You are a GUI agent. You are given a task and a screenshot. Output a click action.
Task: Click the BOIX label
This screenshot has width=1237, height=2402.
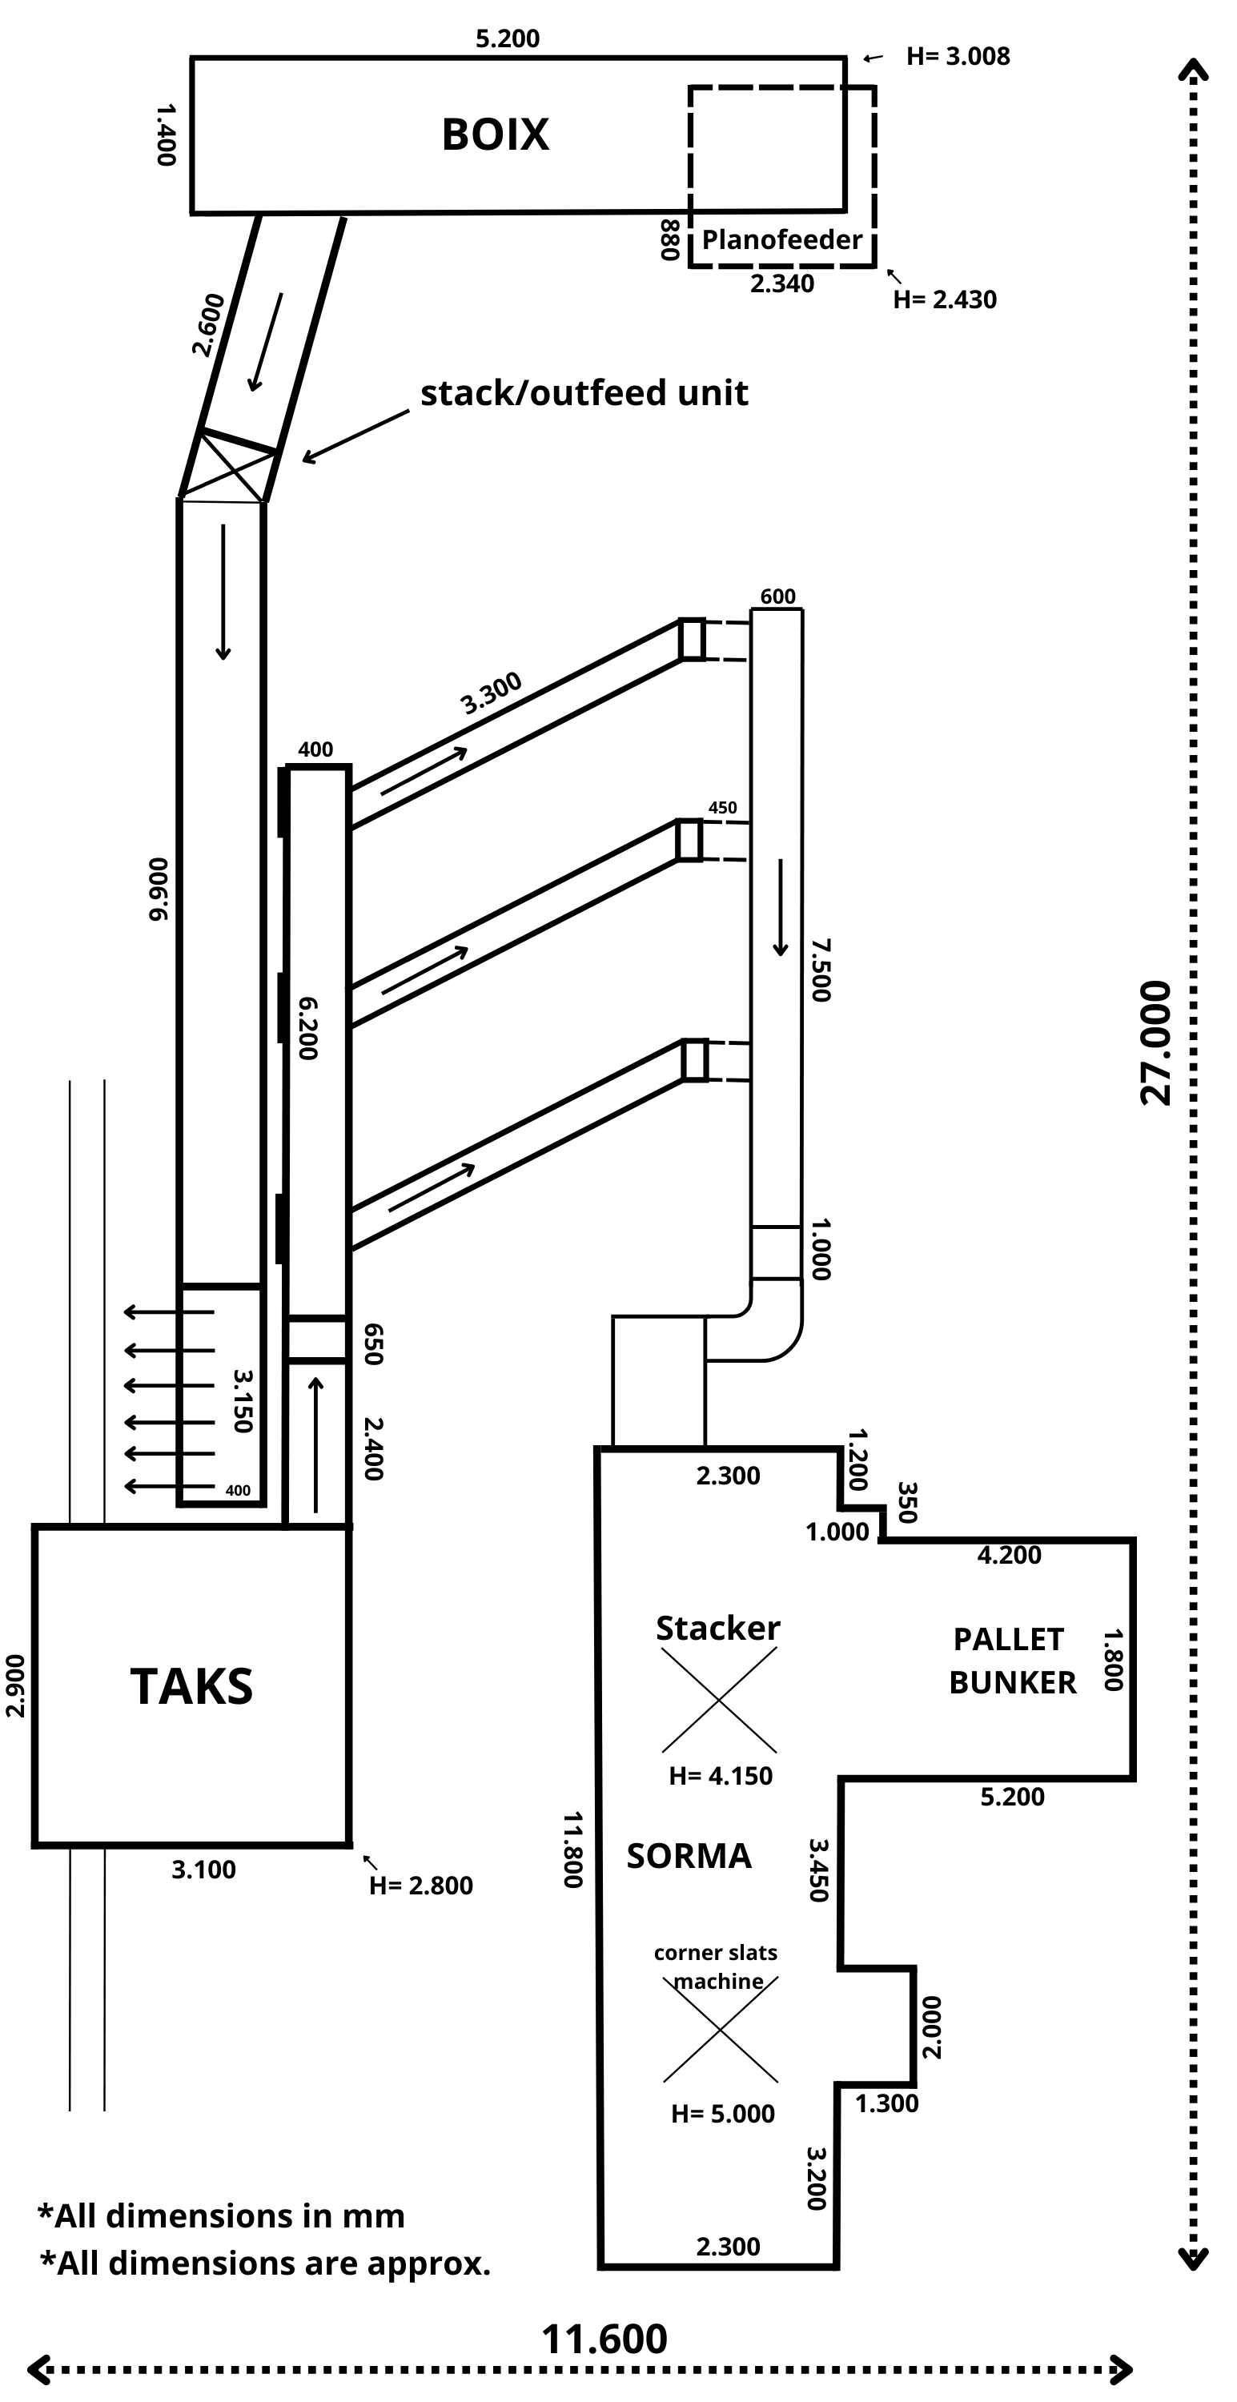click(x=495, y=135)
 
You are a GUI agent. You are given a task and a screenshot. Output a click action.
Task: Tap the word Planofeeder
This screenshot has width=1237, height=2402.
click(x=781, y=239)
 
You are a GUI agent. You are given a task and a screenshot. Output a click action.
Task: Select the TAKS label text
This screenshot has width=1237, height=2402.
click(x=191, y=1686)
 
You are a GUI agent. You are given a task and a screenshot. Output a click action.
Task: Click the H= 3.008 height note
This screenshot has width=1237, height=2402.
click(x=958, y=57)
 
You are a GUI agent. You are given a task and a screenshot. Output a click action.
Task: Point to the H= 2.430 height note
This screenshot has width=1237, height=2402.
click(x=944, y=300)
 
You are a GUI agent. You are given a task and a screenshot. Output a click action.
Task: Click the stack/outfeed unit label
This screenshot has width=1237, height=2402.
click(x=584, y=392)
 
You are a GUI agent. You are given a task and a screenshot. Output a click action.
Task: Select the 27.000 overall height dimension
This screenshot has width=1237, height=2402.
click(x=1155, y=1042)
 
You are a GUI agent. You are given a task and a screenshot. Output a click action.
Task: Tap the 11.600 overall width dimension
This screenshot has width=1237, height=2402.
click(x=604, y=2339)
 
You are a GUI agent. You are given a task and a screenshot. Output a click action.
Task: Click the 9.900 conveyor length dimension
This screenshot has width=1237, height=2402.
click(x=159, y=889)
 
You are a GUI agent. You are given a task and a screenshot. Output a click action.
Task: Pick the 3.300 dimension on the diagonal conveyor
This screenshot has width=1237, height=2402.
click(x=492, y=693)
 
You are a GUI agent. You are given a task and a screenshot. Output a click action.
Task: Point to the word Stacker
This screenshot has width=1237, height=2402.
click(x=717, y=1628)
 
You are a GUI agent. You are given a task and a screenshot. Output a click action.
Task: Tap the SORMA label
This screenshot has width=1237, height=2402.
click(x=689, y=1856)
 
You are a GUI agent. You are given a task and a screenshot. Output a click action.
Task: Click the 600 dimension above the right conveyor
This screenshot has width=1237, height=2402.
click(x=777, y=596)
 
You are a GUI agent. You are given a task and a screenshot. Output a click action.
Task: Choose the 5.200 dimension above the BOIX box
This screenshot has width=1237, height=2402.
click(x=507, y=38)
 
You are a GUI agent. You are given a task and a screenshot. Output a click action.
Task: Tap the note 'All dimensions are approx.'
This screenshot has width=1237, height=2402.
click(x=266, y=2263)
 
